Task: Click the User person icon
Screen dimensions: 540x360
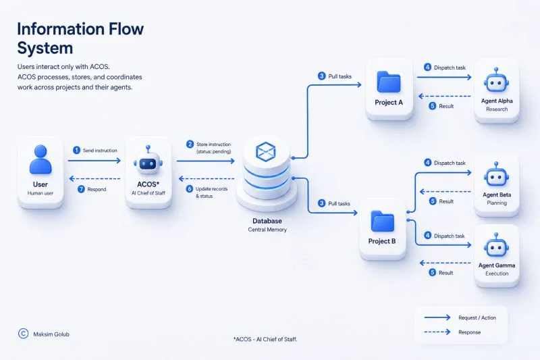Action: pos(40,159)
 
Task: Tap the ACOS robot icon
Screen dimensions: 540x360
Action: pos(148,161)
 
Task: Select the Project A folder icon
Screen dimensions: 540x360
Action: pos(389,82)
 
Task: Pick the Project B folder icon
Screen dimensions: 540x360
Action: pos(382,221)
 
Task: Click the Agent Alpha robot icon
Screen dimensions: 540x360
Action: pos(496,80)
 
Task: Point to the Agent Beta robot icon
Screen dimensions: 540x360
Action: pos(496,174)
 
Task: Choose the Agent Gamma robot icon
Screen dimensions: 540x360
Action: pos(496,245)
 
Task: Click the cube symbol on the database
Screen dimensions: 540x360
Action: pos(265,151)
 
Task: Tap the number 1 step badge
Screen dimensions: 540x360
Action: pos(76,150)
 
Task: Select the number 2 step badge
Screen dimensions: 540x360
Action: pos(190,144)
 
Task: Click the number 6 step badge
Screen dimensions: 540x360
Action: pos(190,189)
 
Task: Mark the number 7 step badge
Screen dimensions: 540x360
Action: pos(81,189)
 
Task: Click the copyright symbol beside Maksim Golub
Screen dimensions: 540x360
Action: pos(24,334)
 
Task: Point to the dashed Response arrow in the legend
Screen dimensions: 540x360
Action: pos(437,332)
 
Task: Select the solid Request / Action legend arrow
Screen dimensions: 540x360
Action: pos(437,317)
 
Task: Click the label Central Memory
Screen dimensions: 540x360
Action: pos(267,230)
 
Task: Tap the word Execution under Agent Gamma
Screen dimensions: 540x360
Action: pos(497,274)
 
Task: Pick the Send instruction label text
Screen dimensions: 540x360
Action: pos(100,151)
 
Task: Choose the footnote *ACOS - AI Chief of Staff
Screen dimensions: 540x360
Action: pos(265,339)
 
